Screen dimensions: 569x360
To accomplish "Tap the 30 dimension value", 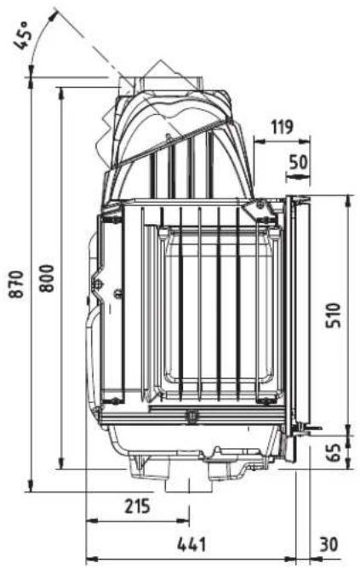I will pos(330,544).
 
